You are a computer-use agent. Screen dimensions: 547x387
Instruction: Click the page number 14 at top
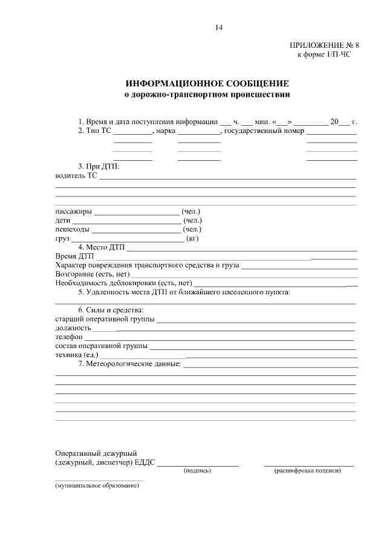coord(219,27)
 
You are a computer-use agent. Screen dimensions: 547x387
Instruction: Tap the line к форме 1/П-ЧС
coord(324,54)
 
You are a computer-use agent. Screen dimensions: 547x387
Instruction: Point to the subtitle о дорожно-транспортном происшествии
coord(207,94)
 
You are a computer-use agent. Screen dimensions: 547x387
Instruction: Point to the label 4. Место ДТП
coord(100,247)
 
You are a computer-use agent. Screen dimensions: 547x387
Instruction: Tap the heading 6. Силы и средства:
coord(106,309)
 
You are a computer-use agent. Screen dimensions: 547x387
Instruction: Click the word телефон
coord(69,336)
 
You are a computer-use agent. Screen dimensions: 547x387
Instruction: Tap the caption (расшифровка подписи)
coord(307,470)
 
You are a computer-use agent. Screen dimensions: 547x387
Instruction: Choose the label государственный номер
coord(264,131)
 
